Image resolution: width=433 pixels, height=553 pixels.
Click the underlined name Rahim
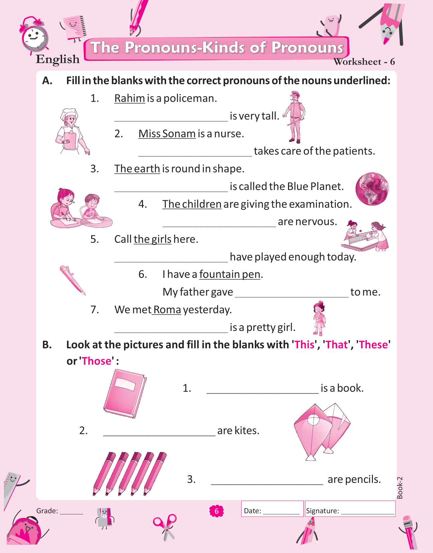[x=130, y=99]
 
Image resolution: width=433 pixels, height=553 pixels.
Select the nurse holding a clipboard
[x=72, y=132]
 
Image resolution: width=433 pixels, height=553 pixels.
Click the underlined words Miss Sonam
[x=167, y=134]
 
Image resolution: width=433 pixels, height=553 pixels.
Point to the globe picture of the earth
[x=372, y=189]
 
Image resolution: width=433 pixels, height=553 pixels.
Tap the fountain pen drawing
[x=73, y=280]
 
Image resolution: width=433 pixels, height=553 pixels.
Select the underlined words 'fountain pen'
[x=230, y=274]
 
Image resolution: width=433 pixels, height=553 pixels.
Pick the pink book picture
[x=125, y=394]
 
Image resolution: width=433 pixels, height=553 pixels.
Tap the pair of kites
[x=322, y=431]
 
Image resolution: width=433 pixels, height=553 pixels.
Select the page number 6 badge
[x=216, y=511]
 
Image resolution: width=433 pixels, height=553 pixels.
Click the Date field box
[x=272, y=509]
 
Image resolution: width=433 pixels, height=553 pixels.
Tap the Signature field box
[x=350, y=509]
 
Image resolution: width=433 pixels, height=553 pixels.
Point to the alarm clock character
[x=34, y=34]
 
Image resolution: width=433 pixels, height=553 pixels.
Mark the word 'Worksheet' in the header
[x=357, y=62]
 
